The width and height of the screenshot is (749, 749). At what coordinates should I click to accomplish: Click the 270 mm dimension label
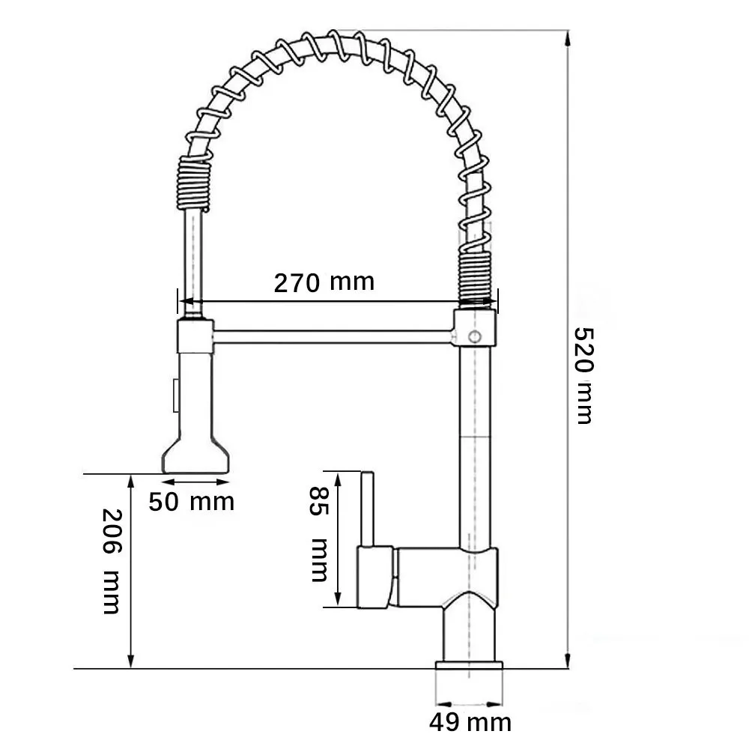coord(323,282)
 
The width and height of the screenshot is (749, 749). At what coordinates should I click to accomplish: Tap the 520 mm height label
coord(583,374)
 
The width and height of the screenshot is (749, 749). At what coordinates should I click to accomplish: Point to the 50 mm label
coord(191,501)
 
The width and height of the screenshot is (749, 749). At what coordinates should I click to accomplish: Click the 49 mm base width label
coord(470,722)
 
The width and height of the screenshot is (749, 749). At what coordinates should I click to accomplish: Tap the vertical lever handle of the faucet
coord(369,509)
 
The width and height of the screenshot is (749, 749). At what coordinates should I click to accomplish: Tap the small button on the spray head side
coord(175,394)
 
